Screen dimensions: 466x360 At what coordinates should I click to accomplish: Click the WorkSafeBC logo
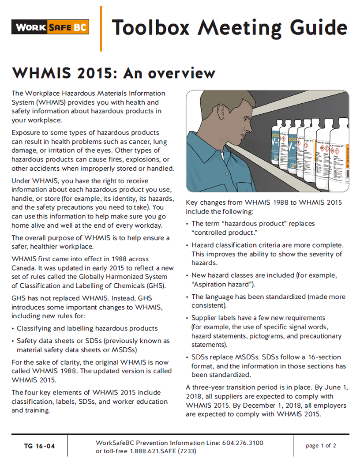pos(50,27)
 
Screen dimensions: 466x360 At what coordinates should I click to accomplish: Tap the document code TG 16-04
pos(39,446)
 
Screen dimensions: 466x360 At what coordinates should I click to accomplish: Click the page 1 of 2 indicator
pos(321,446)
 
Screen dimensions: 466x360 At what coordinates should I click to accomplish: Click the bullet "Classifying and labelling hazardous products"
pos(87,328)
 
